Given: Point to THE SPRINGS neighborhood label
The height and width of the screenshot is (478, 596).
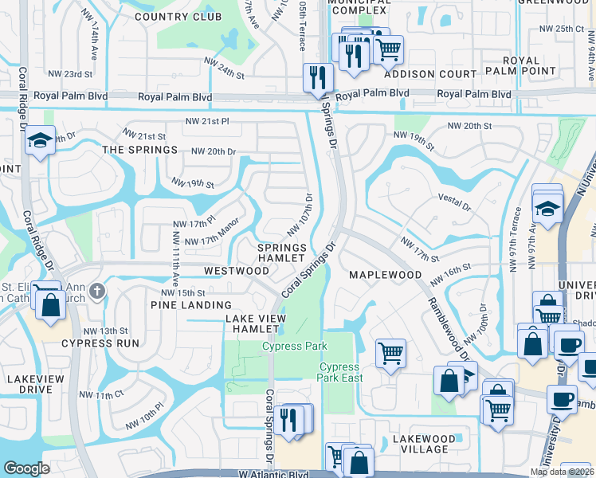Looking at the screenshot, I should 139,150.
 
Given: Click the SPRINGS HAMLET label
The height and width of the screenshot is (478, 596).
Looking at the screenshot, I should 282,253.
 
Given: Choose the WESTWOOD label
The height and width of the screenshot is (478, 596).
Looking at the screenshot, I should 236,271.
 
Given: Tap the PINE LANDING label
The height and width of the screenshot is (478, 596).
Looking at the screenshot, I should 190,305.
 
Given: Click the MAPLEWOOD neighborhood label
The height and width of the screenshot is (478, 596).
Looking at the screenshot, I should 385,275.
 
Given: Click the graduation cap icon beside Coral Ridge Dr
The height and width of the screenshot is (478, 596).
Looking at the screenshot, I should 39,141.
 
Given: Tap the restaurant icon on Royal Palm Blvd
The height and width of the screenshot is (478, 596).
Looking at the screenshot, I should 317,77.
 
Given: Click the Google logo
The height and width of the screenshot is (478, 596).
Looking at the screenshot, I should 26,468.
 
